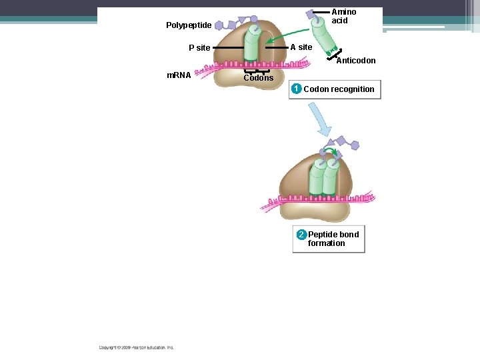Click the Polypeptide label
tap(189, 25)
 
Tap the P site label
tap(199, 48)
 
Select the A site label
tap(301, 47)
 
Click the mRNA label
tap(179, 75)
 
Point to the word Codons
tap(258, 78)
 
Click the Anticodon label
tap(355, 61)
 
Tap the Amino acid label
tap(344, 16)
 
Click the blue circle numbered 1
tap(297, 89)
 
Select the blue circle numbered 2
tap(301, 235)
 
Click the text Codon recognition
tap(339, 89)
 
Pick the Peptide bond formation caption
tap(333, 239)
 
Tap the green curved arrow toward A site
tap(287, 36)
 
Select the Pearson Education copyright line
tap(137, 347)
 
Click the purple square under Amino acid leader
tap(311, 14)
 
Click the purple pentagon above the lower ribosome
tap(355, 145)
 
